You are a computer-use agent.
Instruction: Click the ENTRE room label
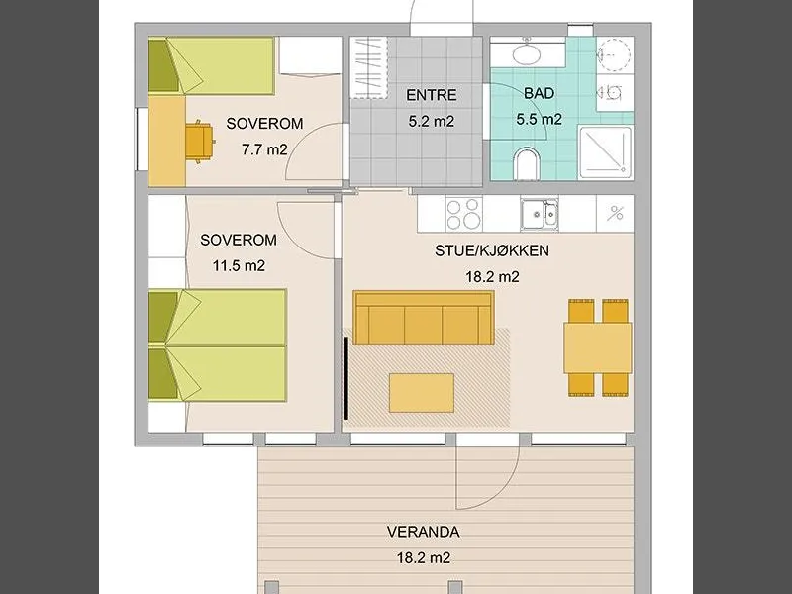tap(432, 95)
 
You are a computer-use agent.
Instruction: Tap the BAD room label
tap(539, 93)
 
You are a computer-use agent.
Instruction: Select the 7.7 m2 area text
tap(264, 149)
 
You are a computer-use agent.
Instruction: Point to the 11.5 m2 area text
tap(239, 265)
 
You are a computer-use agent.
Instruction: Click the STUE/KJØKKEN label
tap(492, 250)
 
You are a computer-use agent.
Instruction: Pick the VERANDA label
tap(424, 532)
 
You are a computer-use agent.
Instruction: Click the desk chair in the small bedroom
tap(200, 142)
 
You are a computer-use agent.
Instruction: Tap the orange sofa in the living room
tap(424, 317)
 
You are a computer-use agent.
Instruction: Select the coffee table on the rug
tap(422, 392)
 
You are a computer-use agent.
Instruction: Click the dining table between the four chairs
tap(598, 348)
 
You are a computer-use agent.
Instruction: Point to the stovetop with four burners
tap(463, 214)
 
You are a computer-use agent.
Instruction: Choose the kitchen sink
tap(540, 215)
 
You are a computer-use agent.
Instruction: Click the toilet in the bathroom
tap(527, 163)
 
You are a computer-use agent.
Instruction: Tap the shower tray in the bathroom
tap(605, 152)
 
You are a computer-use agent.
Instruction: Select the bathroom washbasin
tap(527, 52)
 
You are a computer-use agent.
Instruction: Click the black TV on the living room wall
tap(346, 378)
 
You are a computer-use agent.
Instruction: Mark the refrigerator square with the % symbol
tap(615, 213)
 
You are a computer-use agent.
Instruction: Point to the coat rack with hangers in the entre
tap(368, 67)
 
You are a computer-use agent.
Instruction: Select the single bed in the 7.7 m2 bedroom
tap(211, 65)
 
